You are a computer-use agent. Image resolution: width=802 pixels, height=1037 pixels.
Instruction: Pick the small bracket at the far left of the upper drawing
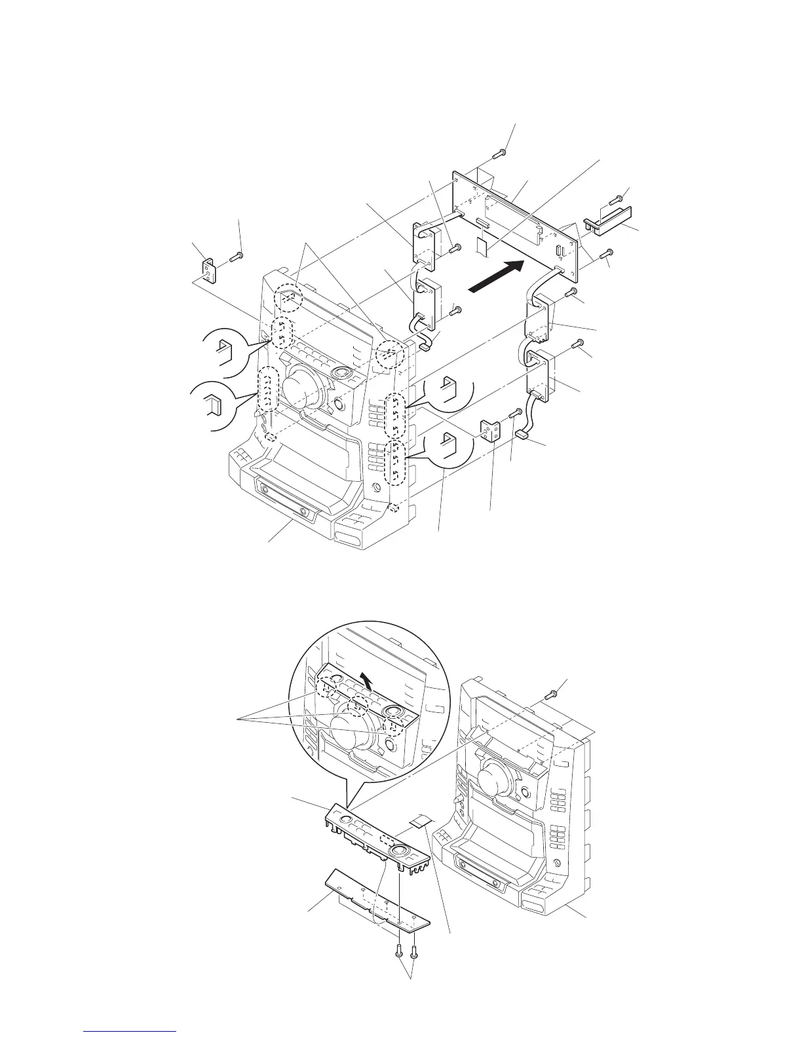tap(208, 270)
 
